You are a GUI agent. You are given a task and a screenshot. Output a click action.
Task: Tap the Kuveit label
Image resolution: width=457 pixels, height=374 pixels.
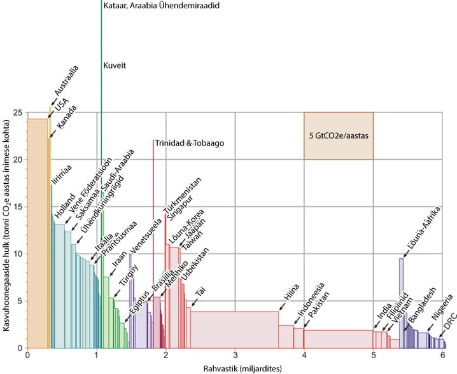tap(116, 66)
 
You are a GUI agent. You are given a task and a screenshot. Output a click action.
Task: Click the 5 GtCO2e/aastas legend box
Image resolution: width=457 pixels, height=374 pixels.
tap(338, 135)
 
